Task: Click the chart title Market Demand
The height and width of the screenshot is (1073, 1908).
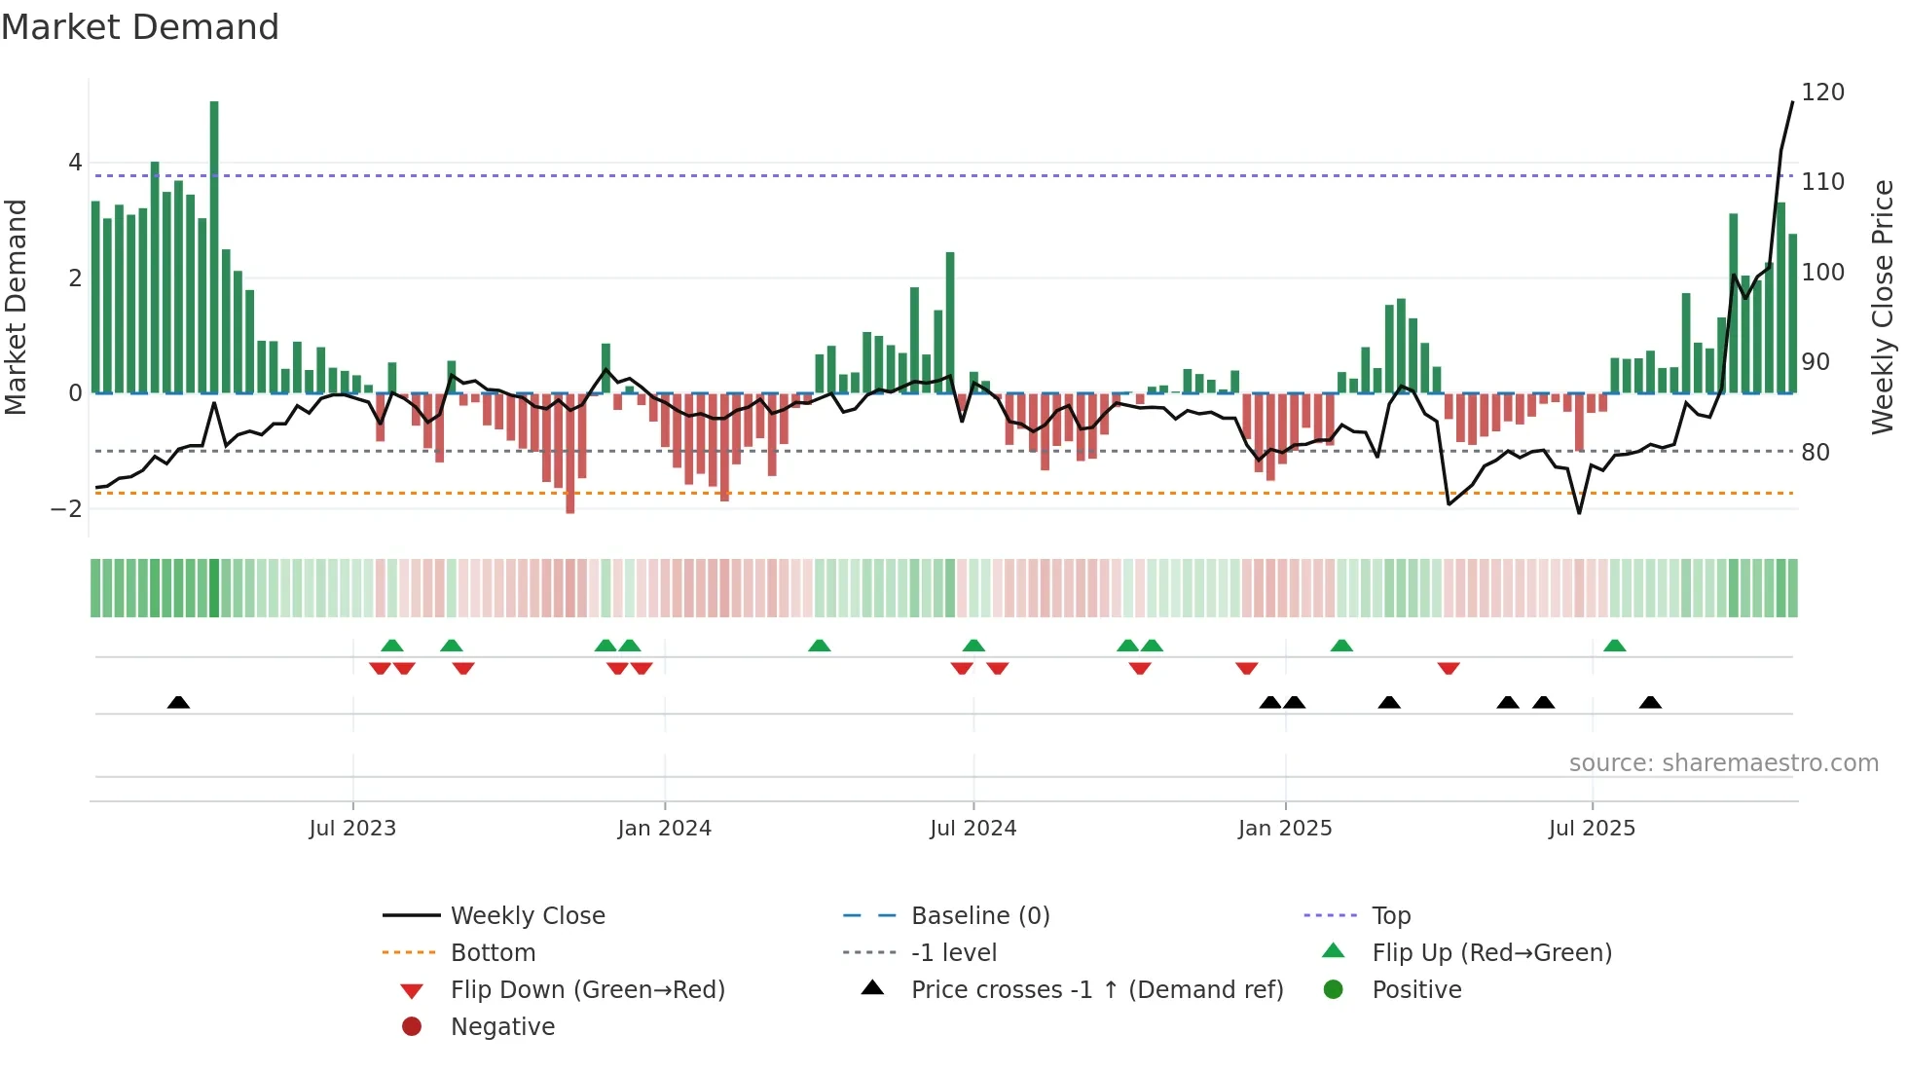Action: (140, 27)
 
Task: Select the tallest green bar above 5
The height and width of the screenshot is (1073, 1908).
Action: (214, 243)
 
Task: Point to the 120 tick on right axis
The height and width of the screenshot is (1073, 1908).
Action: (1822, 92)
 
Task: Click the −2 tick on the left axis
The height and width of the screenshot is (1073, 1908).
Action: (66, 508)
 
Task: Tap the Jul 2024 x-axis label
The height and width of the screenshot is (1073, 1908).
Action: (972, 829)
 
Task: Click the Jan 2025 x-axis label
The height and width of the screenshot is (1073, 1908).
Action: (1284, 829)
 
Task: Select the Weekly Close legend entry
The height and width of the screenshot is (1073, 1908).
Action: (527, 916)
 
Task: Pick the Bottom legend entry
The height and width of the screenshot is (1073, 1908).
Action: (493, 953)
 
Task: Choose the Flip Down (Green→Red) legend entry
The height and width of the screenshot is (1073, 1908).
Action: (587, 990)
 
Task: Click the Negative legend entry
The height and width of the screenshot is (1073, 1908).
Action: (502, 1027)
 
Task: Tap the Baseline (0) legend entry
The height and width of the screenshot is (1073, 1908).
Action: (979, 916)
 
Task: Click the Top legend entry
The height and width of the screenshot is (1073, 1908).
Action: (1390, 916)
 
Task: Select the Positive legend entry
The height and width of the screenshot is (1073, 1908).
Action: (1416, 990)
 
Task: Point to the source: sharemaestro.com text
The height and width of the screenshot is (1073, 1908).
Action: (1723, 763)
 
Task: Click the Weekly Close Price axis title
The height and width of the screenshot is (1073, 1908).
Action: (1883, 307)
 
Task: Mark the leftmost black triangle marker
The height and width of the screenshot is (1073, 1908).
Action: (178, 702)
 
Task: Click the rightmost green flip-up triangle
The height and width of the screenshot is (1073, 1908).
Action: (1614, 646)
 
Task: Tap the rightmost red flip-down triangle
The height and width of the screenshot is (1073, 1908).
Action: (1448, 668)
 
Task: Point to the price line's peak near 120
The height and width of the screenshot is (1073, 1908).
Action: (1792, 103)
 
